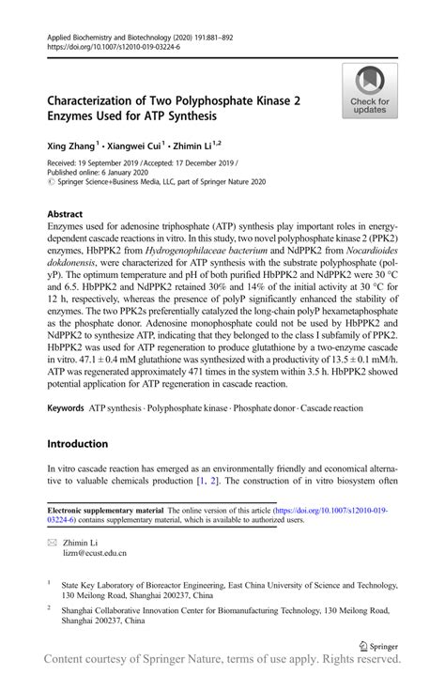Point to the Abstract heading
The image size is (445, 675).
pos(65,213)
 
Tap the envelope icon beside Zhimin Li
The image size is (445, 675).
pos(53,543)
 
